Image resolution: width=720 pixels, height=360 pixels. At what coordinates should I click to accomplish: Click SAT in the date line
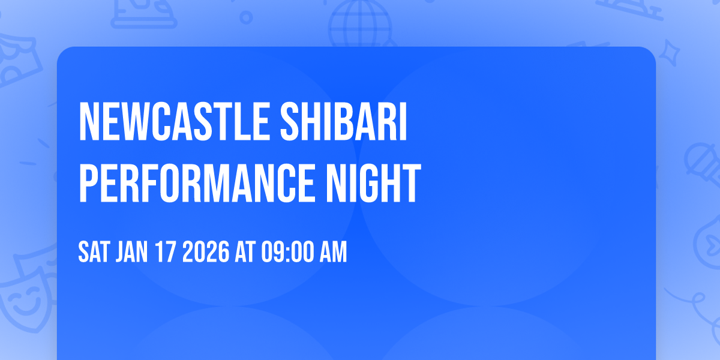click(93, 253)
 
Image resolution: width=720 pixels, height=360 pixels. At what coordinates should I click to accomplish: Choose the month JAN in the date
click(133, 253)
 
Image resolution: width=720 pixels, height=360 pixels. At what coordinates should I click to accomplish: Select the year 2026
click(206, 253)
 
